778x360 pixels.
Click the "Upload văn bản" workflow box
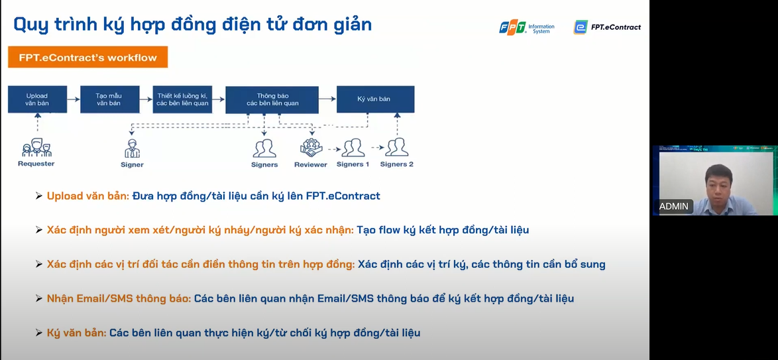click(37, 99)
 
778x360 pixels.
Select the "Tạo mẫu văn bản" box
click(109, 99)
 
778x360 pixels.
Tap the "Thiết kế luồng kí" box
click(182, 99)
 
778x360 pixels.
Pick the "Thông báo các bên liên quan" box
click(272, 99)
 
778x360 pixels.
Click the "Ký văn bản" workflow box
click(374, 99)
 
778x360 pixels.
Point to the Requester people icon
click(36, 149)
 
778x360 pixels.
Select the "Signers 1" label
click(353, 164)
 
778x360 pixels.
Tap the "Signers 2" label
click(396, 164)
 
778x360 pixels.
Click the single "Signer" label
click(133, 164)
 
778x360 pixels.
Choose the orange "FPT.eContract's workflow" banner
click(87, 58)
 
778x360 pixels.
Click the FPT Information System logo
click(527, 27)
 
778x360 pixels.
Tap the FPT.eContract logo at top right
click(607, 27)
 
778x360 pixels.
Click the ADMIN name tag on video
click(673, 206)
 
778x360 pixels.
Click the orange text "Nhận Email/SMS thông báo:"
click(119, 298)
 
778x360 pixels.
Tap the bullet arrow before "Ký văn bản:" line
click(39, 333)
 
